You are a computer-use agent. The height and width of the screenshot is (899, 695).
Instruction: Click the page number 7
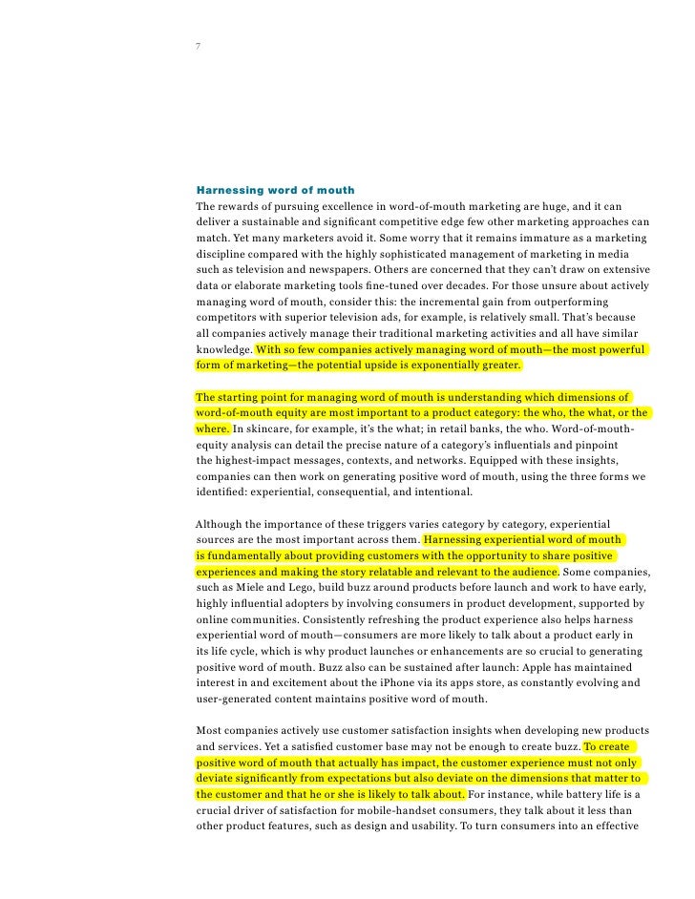pyautogui.click(x=197, y=46)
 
